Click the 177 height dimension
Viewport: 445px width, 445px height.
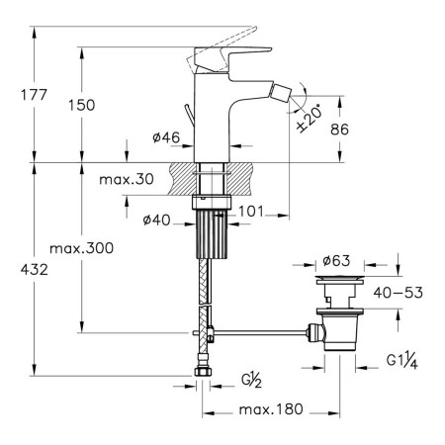(x=34, y=95)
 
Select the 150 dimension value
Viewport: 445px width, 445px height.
(x=81, y=105)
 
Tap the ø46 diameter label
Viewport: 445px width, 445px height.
(x=166, y=137)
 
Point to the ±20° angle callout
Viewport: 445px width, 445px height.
(x=309, y=119)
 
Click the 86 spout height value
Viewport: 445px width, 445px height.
(x=339, y=130)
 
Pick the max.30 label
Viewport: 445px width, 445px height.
(x=127, y=179)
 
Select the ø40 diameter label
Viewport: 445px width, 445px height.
(x=156, y=220)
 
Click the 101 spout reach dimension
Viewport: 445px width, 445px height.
(x=251, y=212)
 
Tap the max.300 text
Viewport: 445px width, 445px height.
(x=81, y=248)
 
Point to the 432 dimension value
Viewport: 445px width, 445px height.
(x=35, y=270)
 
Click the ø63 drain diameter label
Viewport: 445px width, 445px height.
(x=336, y=261)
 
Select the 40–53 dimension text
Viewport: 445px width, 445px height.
(x=398, y=293)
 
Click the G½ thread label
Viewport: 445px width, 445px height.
(x=251, y=380)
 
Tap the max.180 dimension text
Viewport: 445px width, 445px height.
(x=271, y=409)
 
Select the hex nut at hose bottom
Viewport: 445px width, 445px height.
(x=203, y=371)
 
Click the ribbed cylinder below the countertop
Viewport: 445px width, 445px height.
(x=212, y=234)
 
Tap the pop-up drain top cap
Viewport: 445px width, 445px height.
(x=339, y=280)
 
